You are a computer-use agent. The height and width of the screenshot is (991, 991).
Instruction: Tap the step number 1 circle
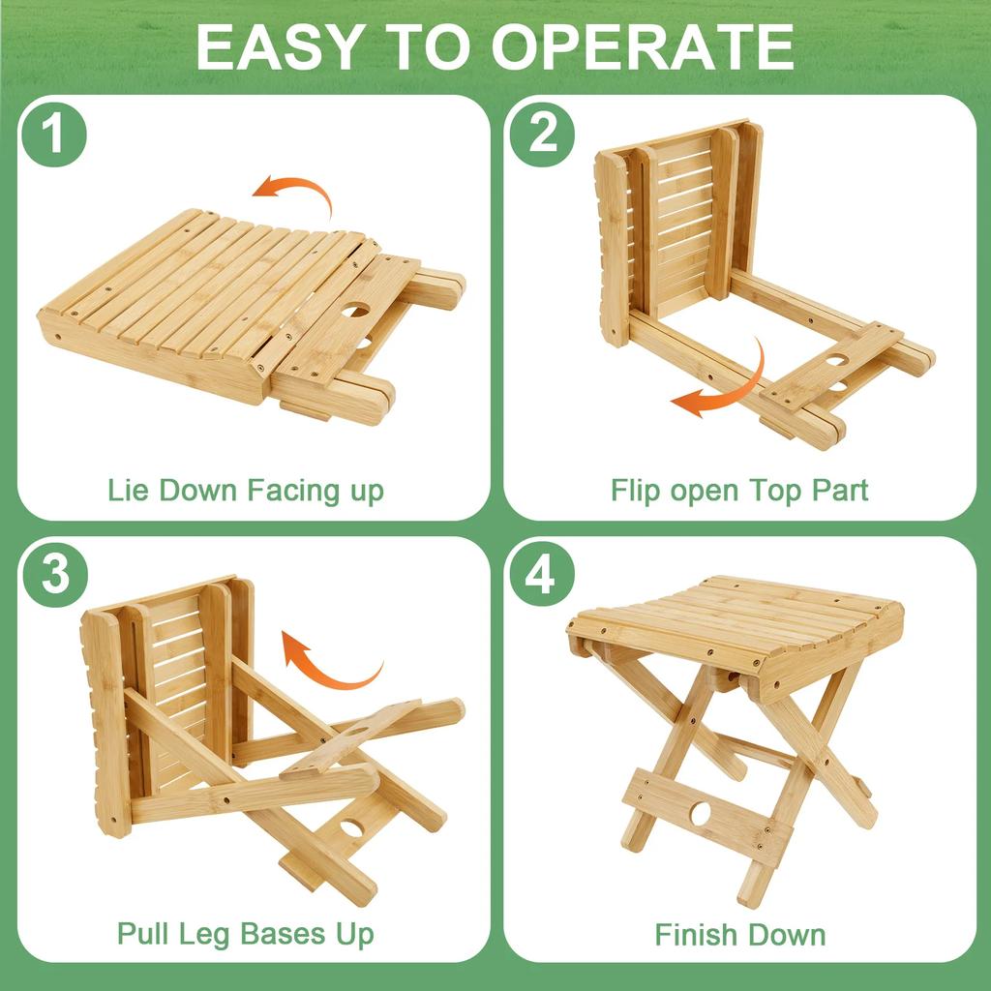(x=55, y=135)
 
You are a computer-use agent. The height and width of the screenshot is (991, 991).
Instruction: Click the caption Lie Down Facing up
(x=246, y=490)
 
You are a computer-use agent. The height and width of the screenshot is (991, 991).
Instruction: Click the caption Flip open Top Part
(x=739, y=490)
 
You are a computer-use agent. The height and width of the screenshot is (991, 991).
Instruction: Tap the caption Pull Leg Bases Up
(x=246, y=934)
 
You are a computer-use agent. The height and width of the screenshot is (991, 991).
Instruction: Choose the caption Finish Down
(x=739, y=935)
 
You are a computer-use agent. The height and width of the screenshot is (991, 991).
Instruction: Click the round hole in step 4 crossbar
(x=700, y=813)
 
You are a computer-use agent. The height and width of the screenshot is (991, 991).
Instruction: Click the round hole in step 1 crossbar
(x=356, y=313)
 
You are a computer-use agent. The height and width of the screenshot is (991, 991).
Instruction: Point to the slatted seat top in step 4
(x=736, y=619)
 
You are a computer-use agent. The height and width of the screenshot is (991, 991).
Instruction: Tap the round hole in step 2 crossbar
(x=837, y=361)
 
